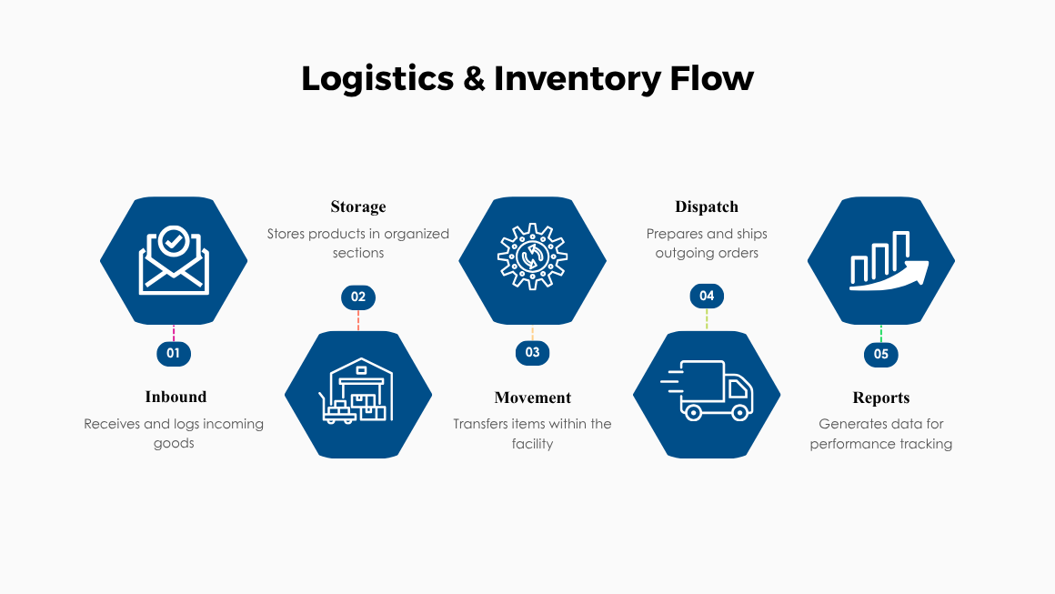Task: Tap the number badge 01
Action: (174, 353)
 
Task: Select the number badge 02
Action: (358, 297)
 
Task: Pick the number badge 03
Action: (532, 353)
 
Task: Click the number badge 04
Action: (707, 296)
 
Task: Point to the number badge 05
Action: (880, 354)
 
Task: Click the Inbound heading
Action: (176, 397)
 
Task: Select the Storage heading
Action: (358, 206)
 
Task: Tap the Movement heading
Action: (533, 398)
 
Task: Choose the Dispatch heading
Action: (707, 206)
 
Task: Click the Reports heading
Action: (880, 398)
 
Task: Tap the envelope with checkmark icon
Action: (174, 261)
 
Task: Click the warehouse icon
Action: (358, 393)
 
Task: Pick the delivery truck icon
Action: (708, 391)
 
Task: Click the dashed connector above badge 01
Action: (174, 333)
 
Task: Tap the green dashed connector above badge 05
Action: (880, 334)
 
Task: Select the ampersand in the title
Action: (473, 79)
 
